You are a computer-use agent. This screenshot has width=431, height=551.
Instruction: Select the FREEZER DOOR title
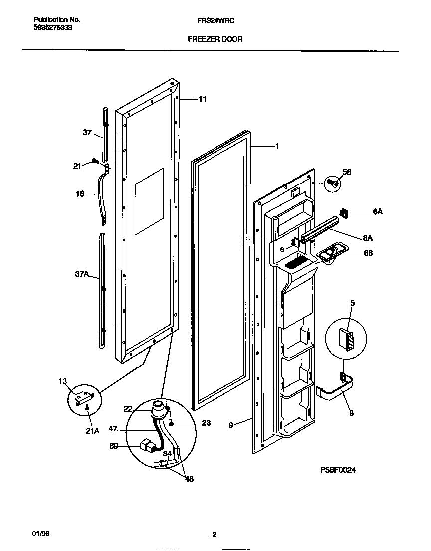(x=215, y=39)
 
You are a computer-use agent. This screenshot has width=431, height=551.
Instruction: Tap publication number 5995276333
(x=53, y=28)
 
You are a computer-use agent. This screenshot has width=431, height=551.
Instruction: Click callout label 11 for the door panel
(x=202, y=99)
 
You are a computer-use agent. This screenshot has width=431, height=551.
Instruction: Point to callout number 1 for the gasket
(x=277, y=146)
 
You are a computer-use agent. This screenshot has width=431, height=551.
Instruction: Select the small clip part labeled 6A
(x=344, y=214)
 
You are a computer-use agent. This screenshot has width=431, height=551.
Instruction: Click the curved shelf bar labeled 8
(x=339, y=391)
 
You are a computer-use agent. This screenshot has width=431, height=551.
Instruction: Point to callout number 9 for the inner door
(x=230, y=425)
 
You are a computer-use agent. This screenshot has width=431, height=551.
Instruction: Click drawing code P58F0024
(x=338, y=470)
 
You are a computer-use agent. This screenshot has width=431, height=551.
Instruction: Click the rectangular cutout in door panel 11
(x=149, y=201)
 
